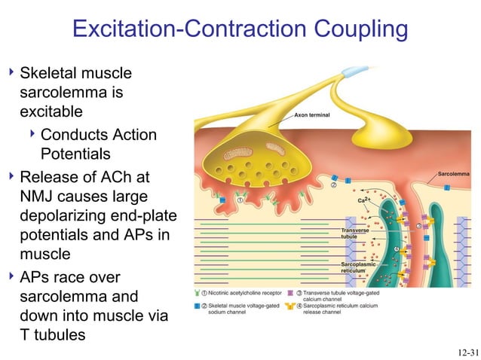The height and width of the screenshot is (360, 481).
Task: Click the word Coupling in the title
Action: coord(354,30)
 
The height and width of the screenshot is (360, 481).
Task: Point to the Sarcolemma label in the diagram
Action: coord(453,174)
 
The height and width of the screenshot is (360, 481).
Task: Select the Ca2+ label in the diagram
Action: coord(363,200)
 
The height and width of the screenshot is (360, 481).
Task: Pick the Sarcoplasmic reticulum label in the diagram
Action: coord(358,267)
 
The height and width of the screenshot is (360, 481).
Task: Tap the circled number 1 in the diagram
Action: coord(240,200)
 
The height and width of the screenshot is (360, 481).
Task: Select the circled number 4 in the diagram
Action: coord(397,249)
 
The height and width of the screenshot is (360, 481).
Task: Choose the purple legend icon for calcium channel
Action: coord(290,293)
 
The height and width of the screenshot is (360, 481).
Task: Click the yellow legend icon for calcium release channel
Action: coord(290,305)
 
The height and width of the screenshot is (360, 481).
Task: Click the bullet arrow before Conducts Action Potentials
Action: coord(31,134)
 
